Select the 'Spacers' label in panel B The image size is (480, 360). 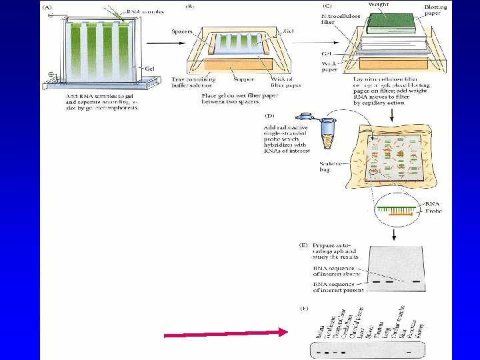point(183,31)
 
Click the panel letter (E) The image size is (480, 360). point(303,246)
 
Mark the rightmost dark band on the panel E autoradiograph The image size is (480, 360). point(417,281)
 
